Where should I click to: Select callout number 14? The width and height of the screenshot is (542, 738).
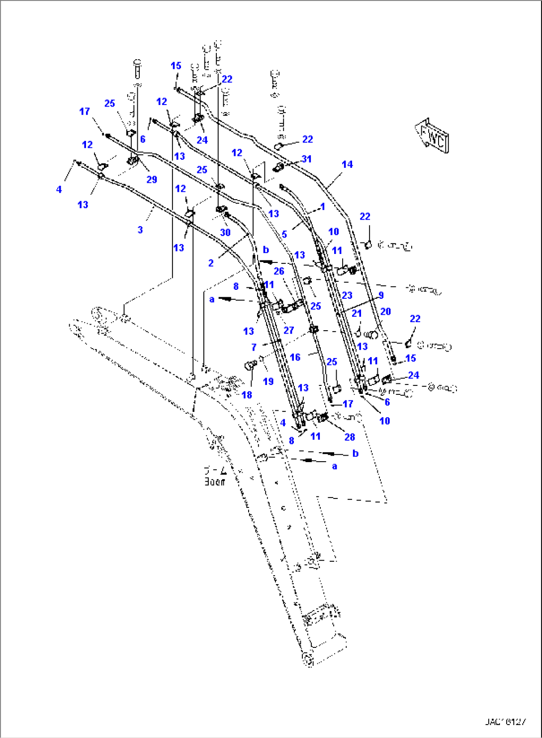coord(347,164)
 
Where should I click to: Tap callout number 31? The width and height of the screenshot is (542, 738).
coord(306,159)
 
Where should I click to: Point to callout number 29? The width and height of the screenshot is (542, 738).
coord(152,180)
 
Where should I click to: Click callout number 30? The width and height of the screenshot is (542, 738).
coord(225,233)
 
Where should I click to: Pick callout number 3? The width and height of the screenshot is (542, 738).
coord(140,230)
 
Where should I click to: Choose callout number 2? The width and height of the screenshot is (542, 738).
coord(211,263)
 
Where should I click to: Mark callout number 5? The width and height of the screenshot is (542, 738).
coord(284,234)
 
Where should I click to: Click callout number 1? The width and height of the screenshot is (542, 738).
coord(323,206)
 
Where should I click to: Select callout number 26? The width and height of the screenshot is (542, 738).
coord(279,271)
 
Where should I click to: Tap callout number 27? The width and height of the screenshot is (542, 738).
coord(289,330)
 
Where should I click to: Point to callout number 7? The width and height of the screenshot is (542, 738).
coord(254,347)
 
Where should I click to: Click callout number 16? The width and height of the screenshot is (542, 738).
coord(295,357)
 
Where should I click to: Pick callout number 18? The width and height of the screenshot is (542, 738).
coord(247,395)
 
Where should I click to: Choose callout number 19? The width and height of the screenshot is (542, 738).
coord(268,381)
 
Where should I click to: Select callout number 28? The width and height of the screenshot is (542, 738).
coord(350,437)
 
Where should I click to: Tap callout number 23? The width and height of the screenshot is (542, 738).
coord(347,295)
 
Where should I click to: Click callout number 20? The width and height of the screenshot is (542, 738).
coord(385,312)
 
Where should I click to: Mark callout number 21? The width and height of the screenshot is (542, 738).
coord(357,313)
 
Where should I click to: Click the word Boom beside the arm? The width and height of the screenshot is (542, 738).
coord(214,482)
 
